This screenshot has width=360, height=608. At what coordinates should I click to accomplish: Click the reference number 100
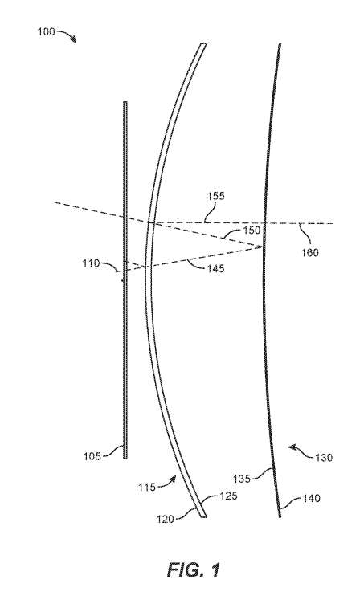pos(46,31)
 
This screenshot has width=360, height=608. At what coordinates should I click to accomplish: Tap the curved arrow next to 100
pos(67,35)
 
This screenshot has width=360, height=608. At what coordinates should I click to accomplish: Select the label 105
pos(92,456)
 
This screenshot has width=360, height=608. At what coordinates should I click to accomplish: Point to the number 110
pos(91,263)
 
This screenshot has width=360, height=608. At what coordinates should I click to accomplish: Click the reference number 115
pos(147,487)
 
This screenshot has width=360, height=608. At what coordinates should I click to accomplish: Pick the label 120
pos(166,519)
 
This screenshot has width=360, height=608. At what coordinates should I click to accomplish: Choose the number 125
pos(228,496)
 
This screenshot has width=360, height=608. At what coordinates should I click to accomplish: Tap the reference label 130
pos(324,458)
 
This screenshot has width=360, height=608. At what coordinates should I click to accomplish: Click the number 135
pos(242,479)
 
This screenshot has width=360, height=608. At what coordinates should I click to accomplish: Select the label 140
pos(311,498)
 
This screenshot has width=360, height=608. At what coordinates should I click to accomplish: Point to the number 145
pos(215,268)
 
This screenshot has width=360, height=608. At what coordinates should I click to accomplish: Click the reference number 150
pos(252,230)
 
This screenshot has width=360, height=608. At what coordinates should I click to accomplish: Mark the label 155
pos(215,196)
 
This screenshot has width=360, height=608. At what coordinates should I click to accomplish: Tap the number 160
pos(310,253)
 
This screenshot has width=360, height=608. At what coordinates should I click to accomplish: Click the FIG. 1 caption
pos(194,570)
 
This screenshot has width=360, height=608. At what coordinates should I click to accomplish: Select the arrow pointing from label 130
pos(301,451)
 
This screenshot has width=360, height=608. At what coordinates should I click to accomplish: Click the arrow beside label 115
pos(167,482)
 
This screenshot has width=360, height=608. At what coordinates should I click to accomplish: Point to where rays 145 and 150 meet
pos(264,247)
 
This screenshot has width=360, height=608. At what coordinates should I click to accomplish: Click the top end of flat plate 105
pos(125,102)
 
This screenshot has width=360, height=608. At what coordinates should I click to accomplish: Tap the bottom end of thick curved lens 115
pos(204,516)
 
